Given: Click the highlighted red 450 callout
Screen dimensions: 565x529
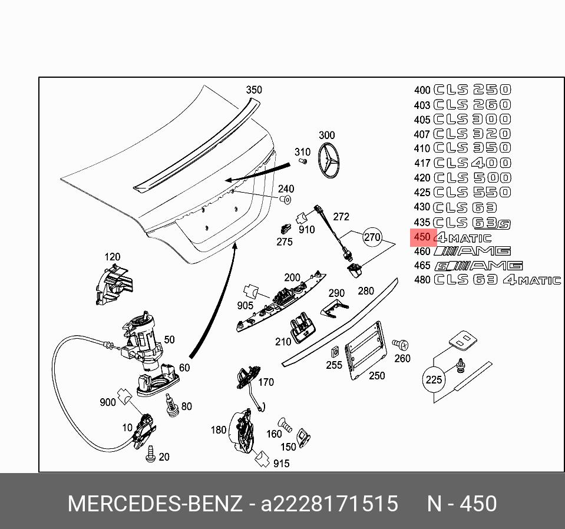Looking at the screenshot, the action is pos(422,237).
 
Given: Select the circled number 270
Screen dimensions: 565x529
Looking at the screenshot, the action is pos(372,237).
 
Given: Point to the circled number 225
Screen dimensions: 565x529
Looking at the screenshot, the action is pos(433,379).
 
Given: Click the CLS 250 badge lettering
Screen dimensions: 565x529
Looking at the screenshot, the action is pos(472,90).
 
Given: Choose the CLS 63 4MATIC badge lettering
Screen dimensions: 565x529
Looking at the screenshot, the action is pos(497,280).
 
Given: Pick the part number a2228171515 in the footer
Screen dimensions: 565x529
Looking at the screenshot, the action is pos(329,504).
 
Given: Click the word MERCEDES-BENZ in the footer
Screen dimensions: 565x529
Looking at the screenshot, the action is pos(155,504).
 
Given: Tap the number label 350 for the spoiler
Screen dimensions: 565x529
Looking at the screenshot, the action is pos(253,90).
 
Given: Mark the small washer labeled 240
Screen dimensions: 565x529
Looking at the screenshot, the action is pos(286,200).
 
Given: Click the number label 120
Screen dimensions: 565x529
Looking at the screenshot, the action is pos(112,257).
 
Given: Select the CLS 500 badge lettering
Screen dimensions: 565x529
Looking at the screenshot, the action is pos(472,177).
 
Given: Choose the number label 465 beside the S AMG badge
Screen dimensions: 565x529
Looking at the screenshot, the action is pos(422,266).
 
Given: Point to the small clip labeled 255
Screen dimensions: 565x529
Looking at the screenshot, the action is pos(333,352).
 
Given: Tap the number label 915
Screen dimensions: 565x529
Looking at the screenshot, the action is pos(281,464).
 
